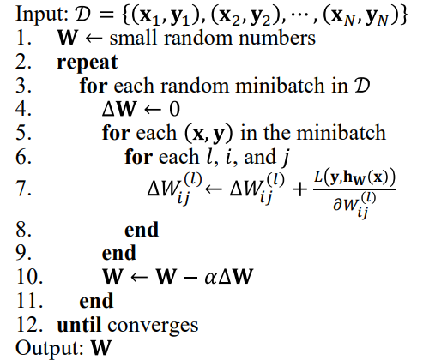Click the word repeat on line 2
pyautogui.click(x=88, y=63)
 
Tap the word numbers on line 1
pyautogui.click(x=277, y=38)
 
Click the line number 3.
pyautogui.click(x=23, y=86)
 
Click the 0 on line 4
pyautogui.click(x=174, y=109)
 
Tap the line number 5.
pyautogui.click(x=23, y=133)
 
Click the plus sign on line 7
pyautogui.click(x=300, y=189)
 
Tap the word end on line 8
pyautogui.click(x=142, y=230)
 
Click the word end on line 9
pyautogui.click(x=119, y=253)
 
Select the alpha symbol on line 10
pyautogui.click(x=210, y=278)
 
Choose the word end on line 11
pyautogui.click(x=96, y=301)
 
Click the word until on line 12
pyautogui.click(x=79, y=325)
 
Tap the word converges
pyautogui.click(x=153, y=326)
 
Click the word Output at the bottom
pyautogui.click(x=50, y=347)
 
